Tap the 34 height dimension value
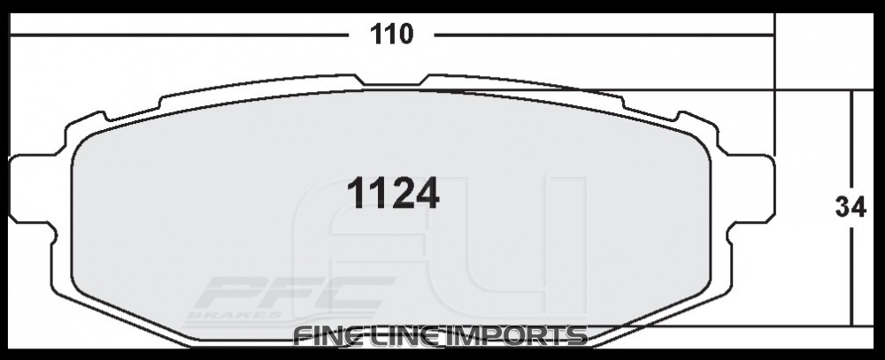pos(850,208)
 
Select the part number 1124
pos(392,194)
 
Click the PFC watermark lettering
pos(283,293)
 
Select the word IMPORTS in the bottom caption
pos(517,336)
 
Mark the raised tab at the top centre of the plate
pos(392,81)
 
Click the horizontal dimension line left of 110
pos(177,35)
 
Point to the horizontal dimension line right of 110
pos(602,35)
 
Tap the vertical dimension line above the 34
pos(851,142)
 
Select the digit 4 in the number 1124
pos(426,194)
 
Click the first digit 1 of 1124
pos(354,194)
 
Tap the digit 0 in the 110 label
pos(404,35)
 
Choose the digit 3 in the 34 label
pos(843,208)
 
